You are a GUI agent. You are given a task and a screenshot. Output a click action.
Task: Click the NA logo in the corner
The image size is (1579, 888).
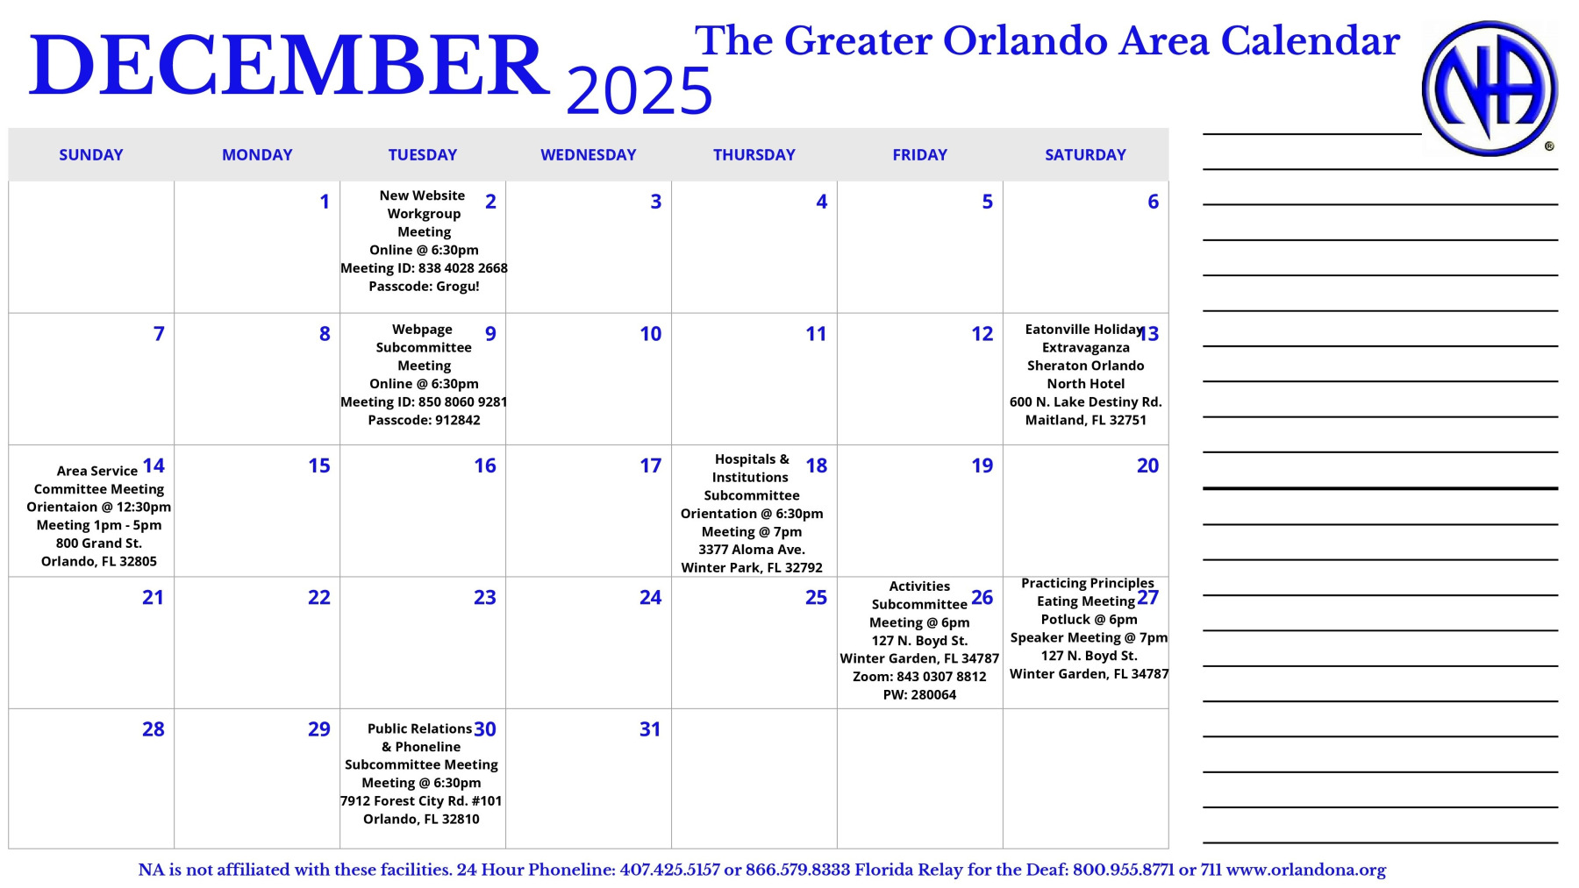point(1490,89)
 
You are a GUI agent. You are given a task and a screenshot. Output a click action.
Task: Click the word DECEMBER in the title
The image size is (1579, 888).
point(289,66)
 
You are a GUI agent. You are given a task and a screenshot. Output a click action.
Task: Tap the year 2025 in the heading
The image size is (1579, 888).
point(639,91)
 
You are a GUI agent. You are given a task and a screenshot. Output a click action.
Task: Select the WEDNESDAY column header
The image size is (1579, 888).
point(588,155)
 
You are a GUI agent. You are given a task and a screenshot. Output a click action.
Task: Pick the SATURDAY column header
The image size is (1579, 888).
point(1085,155)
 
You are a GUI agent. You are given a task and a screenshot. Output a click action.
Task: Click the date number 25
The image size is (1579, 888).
point(816,598)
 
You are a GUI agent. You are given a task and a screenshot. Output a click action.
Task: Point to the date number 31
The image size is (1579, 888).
point(650,729)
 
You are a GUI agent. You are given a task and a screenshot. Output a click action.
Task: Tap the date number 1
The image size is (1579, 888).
point(325,202)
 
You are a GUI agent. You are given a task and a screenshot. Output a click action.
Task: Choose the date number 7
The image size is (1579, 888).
point(159,334)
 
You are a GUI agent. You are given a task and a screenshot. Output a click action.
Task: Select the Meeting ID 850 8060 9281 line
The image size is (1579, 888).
point(424,402)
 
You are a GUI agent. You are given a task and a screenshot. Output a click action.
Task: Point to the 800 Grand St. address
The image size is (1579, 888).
point(99,543)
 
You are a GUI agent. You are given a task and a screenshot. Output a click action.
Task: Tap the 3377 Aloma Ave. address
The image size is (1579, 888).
point(752,550)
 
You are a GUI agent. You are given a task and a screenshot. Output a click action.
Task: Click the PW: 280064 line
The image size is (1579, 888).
point(919,695)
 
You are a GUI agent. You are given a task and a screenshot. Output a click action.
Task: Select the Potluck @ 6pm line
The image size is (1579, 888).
point(1089,620)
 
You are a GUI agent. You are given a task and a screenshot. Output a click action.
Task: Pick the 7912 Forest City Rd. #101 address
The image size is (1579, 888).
point(421,801)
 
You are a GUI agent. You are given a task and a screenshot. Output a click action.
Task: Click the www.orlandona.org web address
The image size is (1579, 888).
point(1305,870)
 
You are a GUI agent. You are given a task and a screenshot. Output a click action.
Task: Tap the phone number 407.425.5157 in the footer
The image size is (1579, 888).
point(669,870)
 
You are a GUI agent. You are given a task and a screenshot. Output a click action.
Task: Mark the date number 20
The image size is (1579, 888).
point(1147,466)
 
